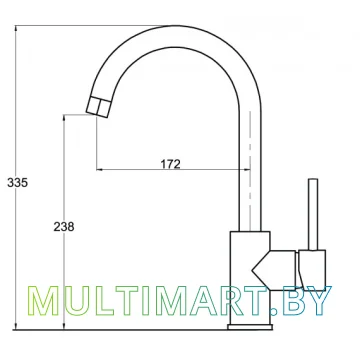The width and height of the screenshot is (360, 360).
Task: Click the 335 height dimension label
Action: (x=18, y=183)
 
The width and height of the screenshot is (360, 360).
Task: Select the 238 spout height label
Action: (x=64, y=227)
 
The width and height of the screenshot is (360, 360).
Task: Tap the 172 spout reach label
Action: (x=171, y=164)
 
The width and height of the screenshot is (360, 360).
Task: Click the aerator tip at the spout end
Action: (x=97, y=106)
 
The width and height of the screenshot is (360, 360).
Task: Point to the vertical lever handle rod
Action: (x=313, y=214)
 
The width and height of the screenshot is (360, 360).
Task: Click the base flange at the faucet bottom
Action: (x=250, y=327)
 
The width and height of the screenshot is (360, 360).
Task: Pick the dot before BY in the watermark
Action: (x=274, y=312)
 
